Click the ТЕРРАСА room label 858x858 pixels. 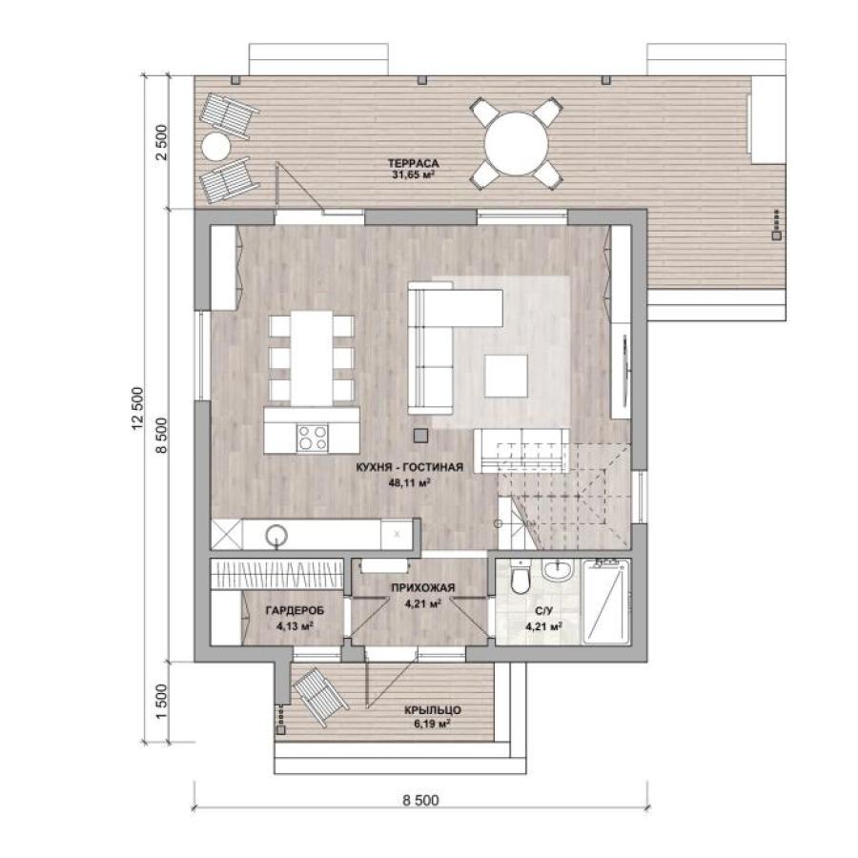pos(413,163)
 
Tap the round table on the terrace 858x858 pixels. pos(516,143)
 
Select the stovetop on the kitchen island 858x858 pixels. pos(313,438)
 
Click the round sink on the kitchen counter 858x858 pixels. pos(276,536)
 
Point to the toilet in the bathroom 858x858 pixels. pos(520,578)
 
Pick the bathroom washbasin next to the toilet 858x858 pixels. pos(557,571)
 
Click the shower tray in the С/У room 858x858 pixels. pos(607,602)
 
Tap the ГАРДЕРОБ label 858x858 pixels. pos(295,610)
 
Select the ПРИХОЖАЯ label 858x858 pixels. pos(422,587)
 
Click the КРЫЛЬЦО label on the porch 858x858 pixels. pos(433,710)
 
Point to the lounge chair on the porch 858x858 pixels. pos(319,696)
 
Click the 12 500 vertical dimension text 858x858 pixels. pos(137,408)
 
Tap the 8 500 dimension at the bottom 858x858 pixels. pos(420,801)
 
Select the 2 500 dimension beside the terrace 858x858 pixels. pos(162,142)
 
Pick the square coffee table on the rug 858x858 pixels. pos(506,376)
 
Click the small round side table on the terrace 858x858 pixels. pos(216,147)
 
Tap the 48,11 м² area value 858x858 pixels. pos(409,482)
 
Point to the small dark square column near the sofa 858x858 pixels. pos(420,436)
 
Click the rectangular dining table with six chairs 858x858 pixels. pos(312,358)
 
